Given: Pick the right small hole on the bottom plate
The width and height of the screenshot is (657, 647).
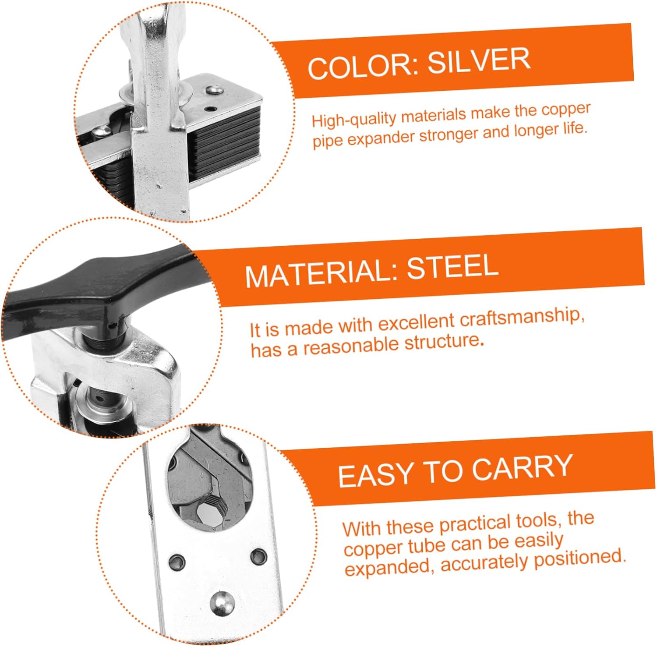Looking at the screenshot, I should click(258, 557).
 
